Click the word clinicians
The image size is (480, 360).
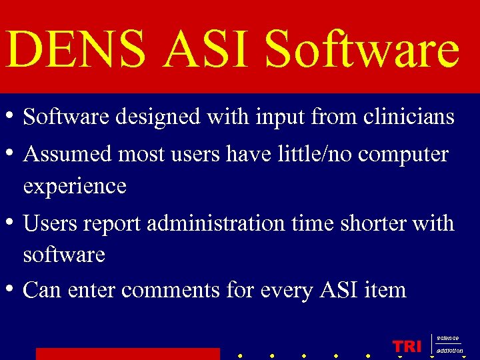click(x=409, y=117)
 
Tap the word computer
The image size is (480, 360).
click(x=403, y=155)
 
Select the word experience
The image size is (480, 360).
click(x=75, y=186)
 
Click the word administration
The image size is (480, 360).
click(x=215, y=223)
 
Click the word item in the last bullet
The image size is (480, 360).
click(x=385, y=290)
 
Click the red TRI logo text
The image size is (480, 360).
click(x=407, y=346)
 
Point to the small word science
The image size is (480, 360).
click(x=447, y=339)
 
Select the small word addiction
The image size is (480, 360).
click(x=449, y=350)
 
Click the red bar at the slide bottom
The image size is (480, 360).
click(x=127, y=353)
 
